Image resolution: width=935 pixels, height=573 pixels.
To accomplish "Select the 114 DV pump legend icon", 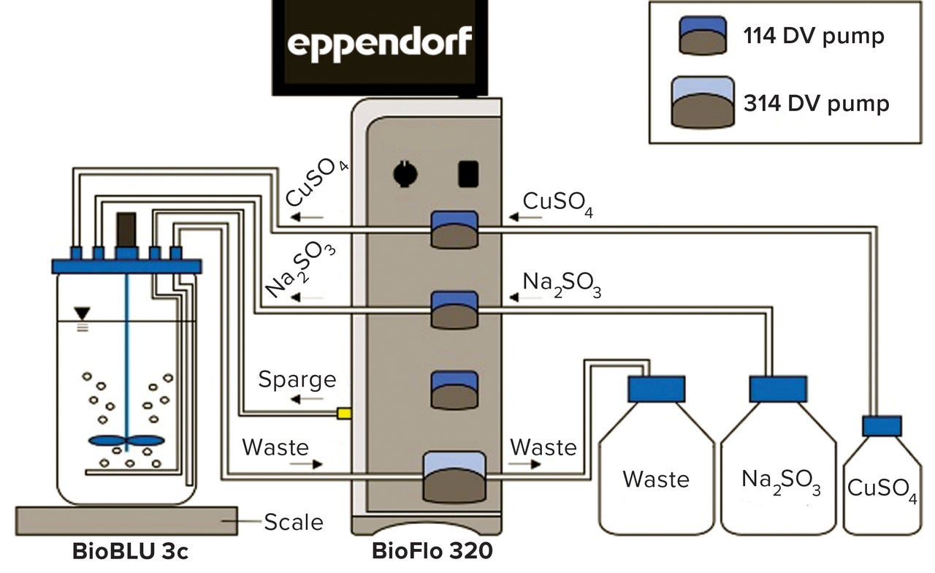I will point(703,36).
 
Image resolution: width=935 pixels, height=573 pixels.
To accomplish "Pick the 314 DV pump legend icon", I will point(703,103).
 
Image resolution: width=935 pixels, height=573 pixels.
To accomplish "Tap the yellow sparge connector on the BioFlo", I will point(344,414).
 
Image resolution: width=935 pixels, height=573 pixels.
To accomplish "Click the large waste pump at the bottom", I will point(454,477).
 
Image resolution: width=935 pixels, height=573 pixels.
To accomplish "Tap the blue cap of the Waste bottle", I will point(656,389).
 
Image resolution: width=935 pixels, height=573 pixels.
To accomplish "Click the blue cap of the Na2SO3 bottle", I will point(778,389).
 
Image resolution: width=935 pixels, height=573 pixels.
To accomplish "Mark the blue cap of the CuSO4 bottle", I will point(881,426).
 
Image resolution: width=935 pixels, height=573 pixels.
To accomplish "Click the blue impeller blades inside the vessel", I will point(126,441).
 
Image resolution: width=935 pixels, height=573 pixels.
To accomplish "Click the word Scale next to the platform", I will point(293,522).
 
